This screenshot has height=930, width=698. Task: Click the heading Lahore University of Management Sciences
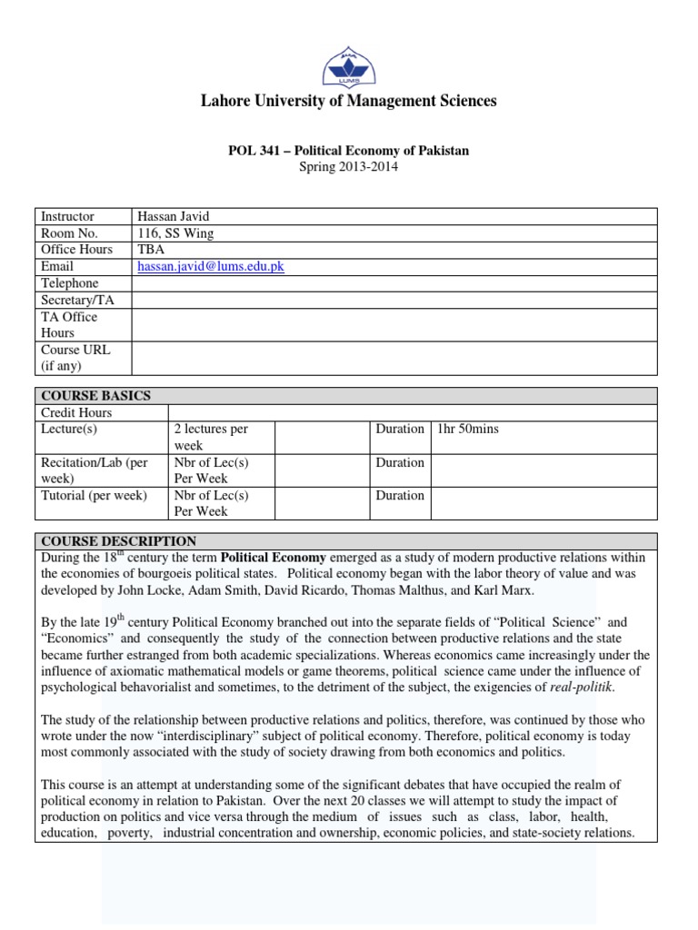(x=348, y=101)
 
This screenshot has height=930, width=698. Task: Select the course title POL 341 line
(x=348, y=151)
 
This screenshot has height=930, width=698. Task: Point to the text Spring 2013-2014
(x=348, y=167)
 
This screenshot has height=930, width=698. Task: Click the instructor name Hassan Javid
(x=173, y=216)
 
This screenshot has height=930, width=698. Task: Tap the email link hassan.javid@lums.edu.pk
(x=211, y=266)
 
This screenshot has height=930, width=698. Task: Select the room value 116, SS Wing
(x=175, y=232)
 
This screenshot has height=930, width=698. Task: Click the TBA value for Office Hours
(x=150, y=250)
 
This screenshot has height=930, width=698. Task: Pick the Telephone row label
(x=69, y=283)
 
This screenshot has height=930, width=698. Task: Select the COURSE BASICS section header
(x=95, y=396)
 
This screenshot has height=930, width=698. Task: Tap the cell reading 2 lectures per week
(x=210, y=437)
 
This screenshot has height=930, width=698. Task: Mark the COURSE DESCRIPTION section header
(x=118, y=541)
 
